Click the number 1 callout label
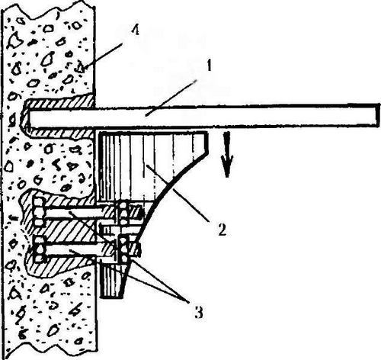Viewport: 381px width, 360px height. tap(209, 66)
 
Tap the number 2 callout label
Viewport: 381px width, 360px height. tap(223, 230)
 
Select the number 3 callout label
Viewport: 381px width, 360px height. tap(199, 312)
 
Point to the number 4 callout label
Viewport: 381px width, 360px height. tap(135, 30)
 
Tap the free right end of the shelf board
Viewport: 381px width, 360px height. tap(378, 116)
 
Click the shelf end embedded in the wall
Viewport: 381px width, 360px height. tap(25, 117)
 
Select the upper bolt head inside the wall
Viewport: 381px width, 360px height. tap(39, 212)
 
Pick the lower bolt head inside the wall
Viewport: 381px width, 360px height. tap(40, 249)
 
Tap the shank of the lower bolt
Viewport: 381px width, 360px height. tap(74, 251)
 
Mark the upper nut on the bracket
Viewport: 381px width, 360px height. tap(123, 215)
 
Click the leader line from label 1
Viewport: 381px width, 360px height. tap(171, 98)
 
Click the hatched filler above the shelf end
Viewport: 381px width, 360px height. tap(59, 101)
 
